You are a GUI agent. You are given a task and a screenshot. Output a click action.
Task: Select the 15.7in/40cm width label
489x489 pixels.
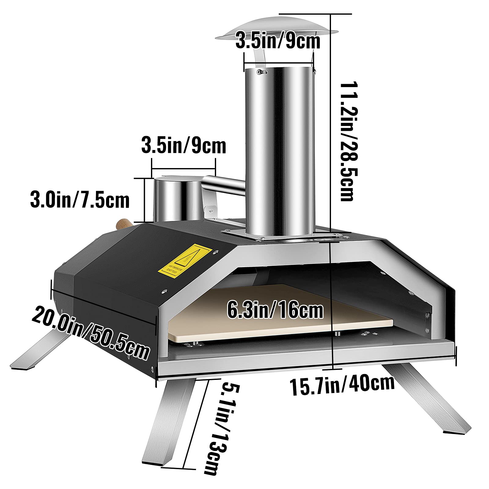(x=342, y=386)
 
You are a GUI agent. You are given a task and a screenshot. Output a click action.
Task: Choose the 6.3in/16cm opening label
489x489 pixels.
(x=275, y=311)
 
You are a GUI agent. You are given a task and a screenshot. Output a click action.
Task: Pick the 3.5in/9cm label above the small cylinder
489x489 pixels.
(x=184, y=146)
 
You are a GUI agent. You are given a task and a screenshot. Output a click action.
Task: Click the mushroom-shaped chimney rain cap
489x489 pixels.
(x=277, y=29)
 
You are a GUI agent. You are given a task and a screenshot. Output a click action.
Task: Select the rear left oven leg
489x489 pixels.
(x=40, y=351)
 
